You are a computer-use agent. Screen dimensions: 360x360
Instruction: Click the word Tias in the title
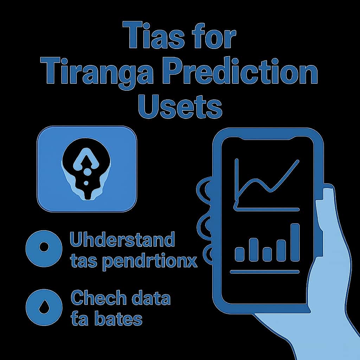(x=154, y=36)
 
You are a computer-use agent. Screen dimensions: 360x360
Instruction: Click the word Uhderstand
(x=122, y=240)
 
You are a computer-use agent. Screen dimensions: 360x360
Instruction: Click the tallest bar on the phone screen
(x=295, y=242)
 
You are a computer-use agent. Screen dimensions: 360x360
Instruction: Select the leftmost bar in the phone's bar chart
(x=239, y=253)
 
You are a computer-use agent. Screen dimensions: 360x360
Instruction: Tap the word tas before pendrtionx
(x=83, y=262)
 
